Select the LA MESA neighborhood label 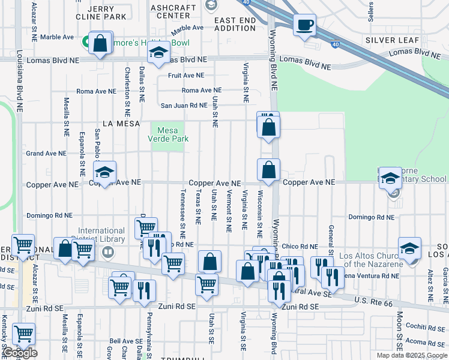pyautogui.click(x=121, y=123)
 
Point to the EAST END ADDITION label pyautogui.click(x=235, y=24)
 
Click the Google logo pyautogui.click(x=20, y=353)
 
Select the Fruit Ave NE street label pyautogui.click(x=186, y=76)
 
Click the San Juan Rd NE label pyautogui.click(x=183, y=106)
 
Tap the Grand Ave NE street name pyautogui.click(x=46, y=154)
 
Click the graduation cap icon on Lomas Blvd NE pyautogui.click(x=158, y=55)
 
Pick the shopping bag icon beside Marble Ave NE pyautogui.click(x=100, y=43)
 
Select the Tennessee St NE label pyautogui.click(x=182, y=212)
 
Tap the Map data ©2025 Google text pyautogui.click(x=411, y=355)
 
